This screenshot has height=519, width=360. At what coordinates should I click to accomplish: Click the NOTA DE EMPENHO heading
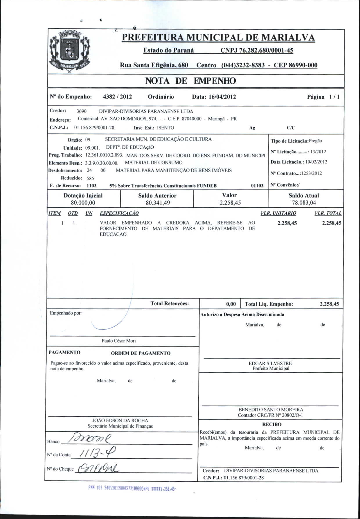tap(190, 81)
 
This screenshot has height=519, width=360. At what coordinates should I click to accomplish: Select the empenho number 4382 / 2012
tap(118, 97)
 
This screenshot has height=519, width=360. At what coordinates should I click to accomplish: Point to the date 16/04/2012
tap(222, 97)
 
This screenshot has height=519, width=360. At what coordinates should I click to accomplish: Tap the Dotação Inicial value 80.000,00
tap(83, 203)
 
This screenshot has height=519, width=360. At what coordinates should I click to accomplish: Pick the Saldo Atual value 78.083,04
tap(304, 203)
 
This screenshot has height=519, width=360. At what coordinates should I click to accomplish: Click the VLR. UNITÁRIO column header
tap(278, 213)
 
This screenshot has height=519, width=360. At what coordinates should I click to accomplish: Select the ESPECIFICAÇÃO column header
tap(119, 213)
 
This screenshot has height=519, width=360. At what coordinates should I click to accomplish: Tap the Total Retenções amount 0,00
tap(231, 304)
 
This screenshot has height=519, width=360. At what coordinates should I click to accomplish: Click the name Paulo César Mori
tap(118, 341)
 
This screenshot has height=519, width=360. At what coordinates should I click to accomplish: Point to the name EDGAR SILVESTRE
tap(270, 363)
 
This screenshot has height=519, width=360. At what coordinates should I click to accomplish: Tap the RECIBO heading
tap(271, 424)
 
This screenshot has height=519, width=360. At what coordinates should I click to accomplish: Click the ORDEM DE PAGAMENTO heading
tap(141, 353)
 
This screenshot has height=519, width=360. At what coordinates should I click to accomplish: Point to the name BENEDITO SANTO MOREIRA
tap(271, 410)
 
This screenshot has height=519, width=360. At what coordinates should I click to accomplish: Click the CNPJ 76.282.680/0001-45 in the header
tap(257, 51)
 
